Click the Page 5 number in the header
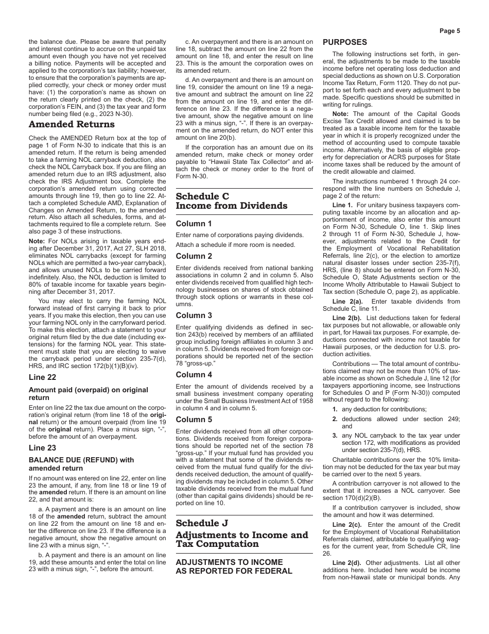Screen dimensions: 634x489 (449, 31)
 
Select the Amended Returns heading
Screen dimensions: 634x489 (72, 124)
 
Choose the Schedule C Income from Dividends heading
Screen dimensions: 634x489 (232, 201)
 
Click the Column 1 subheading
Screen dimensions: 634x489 (194, 224)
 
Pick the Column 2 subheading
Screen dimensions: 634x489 (194, 256)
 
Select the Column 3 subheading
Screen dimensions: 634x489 (194, 315)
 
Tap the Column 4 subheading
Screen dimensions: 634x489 (194, 375)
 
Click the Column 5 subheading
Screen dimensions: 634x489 (194, 419)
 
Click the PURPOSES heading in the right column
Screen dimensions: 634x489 (345, 42)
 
